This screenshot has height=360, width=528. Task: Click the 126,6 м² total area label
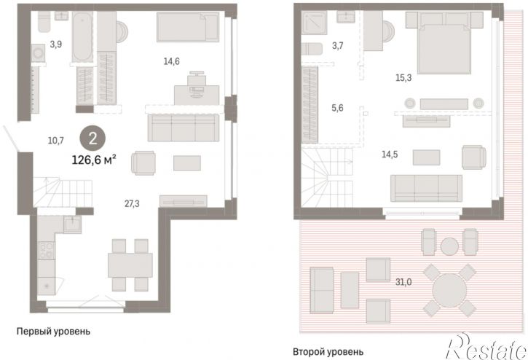[94, 160]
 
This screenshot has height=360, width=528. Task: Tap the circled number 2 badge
[92, 138]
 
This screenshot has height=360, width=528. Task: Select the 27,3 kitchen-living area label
[132, 203]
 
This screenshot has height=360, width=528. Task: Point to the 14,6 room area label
[171, 61]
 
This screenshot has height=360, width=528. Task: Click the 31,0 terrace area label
[403, 282]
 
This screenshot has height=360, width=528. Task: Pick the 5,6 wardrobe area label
[337, 108]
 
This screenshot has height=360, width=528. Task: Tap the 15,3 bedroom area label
[403, 78]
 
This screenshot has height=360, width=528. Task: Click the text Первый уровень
[54, 332]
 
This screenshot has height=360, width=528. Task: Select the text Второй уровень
[328, 352]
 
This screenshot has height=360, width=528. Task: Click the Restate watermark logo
[486, 347]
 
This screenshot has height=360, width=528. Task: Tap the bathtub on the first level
[82, 37]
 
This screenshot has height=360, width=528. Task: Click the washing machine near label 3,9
[38, 53]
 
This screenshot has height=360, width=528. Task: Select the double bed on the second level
[444, 43]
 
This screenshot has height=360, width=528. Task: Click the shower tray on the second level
[315, 23]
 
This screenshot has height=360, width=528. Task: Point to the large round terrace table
[449, 290]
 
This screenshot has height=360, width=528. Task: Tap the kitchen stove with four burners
[46, 251]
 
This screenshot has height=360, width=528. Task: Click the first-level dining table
[130, 265]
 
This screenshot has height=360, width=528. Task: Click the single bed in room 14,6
[188, 27]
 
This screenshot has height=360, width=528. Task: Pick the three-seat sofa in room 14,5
[426, 189]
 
